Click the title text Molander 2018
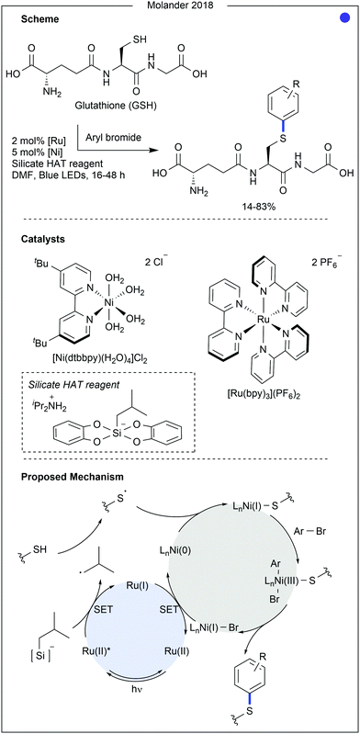click(x=180, y=8)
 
